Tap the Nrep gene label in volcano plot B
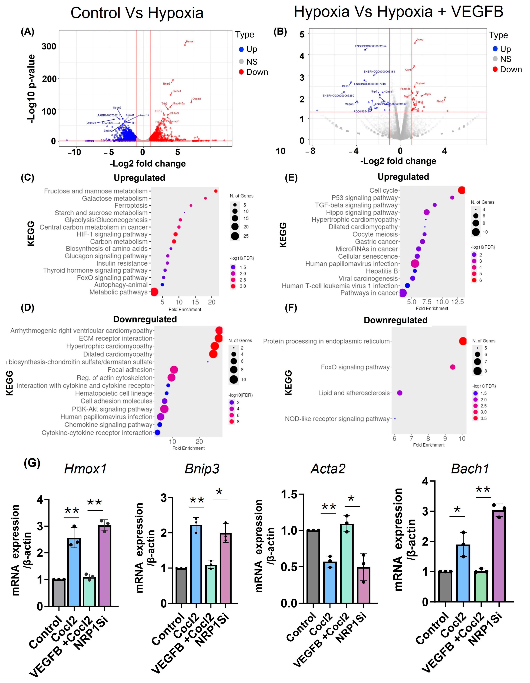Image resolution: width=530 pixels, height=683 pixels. coord(420,40)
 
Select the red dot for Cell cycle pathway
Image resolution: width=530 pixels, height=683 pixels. coord(461,190)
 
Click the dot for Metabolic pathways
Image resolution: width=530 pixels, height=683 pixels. coord(154,292)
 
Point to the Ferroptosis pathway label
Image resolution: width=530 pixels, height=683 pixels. coord(131,205)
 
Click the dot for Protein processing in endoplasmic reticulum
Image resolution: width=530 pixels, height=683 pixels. coord(463,341)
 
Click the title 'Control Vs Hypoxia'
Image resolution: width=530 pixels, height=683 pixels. coord(137,13)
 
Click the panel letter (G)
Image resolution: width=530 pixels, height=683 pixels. coord(32,463)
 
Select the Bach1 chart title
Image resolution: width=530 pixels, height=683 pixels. coord(470,469)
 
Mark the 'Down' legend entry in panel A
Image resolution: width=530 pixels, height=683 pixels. coord(257,72)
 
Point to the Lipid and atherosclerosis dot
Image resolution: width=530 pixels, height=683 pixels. coord(399,393)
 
